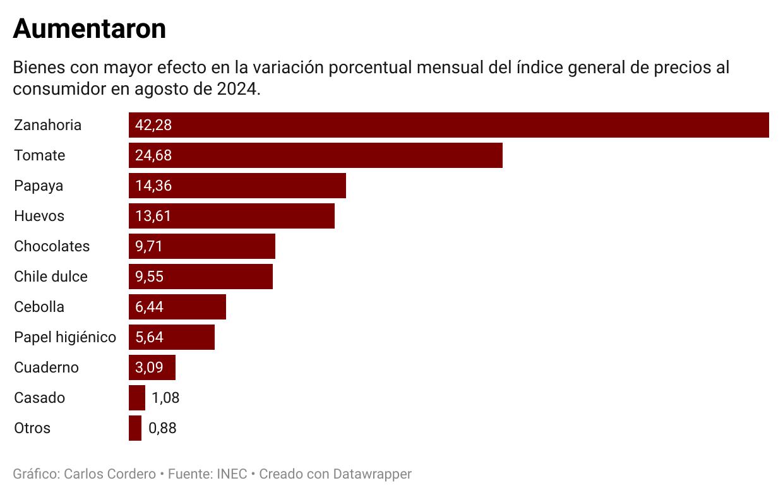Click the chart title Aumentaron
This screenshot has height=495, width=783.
point(89,29)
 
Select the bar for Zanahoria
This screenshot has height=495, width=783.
point(448,125)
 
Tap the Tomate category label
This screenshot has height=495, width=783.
point(40,155)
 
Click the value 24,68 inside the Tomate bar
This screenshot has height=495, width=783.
point(153,155)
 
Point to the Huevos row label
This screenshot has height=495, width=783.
point(39,216)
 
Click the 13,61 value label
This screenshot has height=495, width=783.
point(153,216)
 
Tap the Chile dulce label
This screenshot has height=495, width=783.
point(51,277)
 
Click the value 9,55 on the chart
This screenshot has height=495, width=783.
point(149,277)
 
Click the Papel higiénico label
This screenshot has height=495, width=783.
point(65,337)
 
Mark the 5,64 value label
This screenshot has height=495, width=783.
point(149,337)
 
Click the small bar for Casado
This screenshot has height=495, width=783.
point(137,398)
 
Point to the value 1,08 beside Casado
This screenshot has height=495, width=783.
point(165,398)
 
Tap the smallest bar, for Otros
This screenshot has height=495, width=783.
point(135,428)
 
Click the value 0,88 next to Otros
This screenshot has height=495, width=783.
point(162,428)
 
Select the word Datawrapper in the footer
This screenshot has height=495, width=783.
point(372,474)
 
